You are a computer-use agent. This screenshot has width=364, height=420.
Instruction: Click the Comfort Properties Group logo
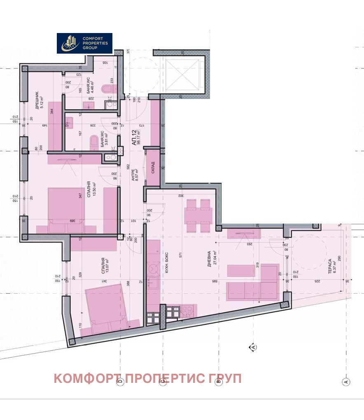coord(84,43)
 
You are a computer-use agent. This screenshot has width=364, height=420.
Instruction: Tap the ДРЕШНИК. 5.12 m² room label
coord(39,99)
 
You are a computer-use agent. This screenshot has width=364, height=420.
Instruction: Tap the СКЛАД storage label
coord(153,167)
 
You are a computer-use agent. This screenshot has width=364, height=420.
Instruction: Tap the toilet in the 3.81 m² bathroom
coord(93,142)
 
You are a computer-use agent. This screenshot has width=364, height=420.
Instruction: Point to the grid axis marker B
coord(219,382)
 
